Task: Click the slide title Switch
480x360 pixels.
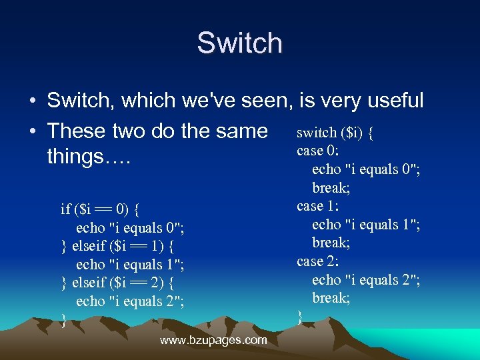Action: pos(239,43)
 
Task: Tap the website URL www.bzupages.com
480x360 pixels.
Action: pos(213,340)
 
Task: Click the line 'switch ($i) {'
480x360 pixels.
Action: pos(335,133)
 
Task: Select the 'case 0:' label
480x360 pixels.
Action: pos(319,151)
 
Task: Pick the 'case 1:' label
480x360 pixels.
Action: pos(319,206)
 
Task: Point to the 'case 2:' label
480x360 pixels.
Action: pos(319,261)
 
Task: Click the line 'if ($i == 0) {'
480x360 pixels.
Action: pos(99,209)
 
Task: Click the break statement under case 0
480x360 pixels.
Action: pos(331,188)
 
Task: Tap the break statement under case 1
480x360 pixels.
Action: pos(331,243)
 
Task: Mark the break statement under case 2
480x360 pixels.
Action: pos(331,298)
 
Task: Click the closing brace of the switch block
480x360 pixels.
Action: pos(299,317)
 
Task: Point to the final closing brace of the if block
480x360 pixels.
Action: pos(63,320)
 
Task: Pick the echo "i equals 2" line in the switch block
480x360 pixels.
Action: pos(366,280)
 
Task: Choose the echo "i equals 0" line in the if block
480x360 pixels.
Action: pos(130,228)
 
